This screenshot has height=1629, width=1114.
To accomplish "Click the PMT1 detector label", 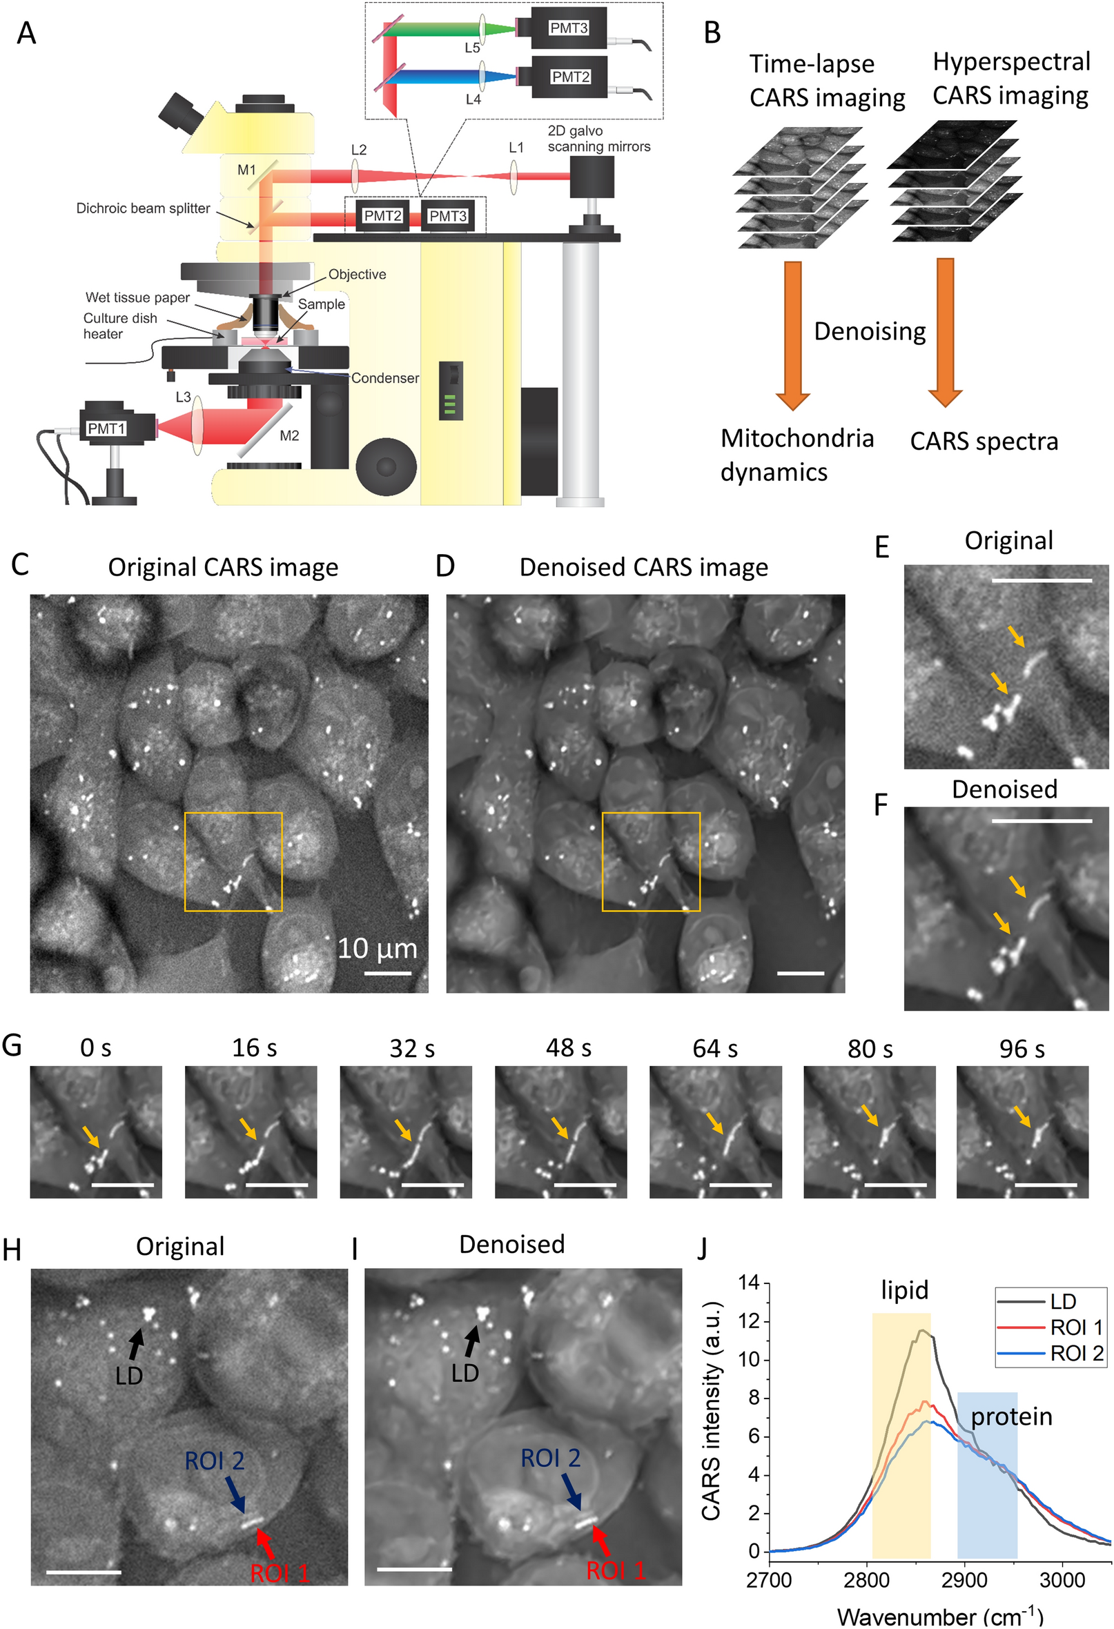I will (106, 428).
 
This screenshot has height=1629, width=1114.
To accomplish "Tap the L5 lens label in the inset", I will (473, 48).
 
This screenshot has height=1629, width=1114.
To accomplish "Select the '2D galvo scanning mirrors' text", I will (598, 139).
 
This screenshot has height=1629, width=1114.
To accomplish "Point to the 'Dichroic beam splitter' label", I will (143, 208).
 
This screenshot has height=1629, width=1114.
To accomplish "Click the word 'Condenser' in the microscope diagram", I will (385, 378).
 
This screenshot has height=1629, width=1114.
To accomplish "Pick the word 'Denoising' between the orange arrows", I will (870, 331).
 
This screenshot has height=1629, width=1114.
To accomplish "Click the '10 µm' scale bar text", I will (377, 949).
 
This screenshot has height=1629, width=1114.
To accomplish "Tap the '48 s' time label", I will (569, 1048).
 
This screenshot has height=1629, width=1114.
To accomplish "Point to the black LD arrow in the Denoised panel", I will (471, 1340).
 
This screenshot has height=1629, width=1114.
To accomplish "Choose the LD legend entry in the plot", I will (1063, 1302).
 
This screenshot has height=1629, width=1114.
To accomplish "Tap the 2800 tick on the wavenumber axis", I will (867, 1580).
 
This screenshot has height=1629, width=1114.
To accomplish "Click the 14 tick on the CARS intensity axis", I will (750, 1283).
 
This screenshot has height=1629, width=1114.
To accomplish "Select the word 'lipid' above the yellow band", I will (904, 1290).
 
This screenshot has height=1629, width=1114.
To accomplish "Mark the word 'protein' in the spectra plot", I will (1011, 1416).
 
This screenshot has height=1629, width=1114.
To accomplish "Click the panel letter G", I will (12, 1045).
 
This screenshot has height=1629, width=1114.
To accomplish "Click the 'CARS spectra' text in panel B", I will (984, 442).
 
